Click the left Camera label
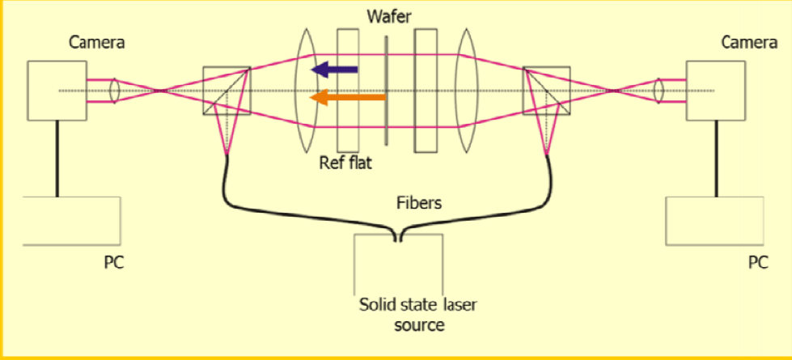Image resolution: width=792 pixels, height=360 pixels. click(97, 43)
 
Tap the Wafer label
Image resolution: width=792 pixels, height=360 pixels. click(389, 15)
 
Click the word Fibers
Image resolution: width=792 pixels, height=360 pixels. click(419, 203)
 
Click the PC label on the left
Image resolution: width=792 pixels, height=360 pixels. click(114, 263)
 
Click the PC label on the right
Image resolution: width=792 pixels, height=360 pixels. click(757, 263)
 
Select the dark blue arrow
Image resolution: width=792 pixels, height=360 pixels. click(336, 70)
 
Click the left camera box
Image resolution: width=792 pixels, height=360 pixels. click(57, 91)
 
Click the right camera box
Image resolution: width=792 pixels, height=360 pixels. click(714, 91)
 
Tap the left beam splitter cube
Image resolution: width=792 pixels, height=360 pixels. click(227, 91)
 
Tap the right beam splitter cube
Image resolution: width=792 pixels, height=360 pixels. click(547, 91)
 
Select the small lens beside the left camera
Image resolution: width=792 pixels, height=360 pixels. click(115, 91)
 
